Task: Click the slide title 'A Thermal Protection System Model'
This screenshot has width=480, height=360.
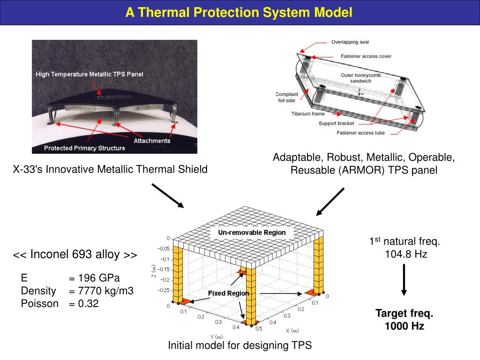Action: tap(239, 13)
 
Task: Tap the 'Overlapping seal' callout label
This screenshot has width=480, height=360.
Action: tap(350, 42)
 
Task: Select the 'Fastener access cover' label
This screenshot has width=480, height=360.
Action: tap(360, 56)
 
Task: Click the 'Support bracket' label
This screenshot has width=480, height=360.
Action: tap(336, 123)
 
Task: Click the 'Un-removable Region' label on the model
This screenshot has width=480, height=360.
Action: tap(252, 232)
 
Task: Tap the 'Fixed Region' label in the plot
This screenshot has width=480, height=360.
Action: tap(228, 293)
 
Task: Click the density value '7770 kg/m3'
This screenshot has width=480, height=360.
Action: tap(105, 291)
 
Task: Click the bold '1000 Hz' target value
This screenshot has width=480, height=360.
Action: tap(404, 326)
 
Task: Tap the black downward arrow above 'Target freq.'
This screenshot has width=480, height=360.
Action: tap(404, 280)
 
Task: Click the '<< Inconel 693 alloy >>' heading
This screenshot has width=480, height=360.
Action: tap(75, 255)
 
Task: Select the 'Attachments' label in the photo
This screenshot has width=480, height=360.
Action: tap(152, 141)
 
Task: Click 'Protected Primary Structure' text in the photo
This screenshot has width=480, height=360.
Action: tap(84, 148)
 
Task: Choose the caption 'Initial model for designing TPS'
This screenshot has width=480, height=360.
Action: tap(240, 345)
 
